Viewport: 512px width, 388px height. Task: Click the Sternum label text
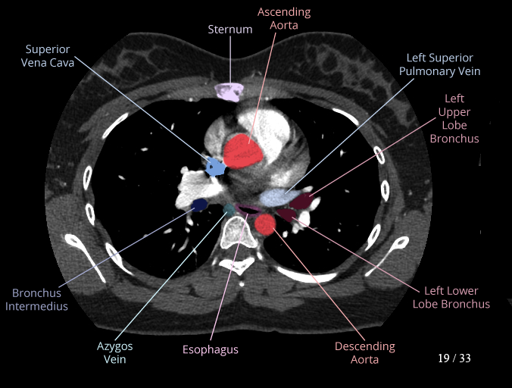(230, 29)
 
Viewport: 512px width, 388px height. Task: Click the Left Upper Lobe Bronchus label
(454, 118)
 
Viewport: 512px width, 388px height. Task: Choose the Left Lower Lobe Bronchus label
(451, 297)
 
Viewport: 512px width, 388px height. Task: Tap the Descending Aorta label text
(365, 352)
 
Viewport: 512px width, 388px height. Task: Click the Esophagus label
(211, 349)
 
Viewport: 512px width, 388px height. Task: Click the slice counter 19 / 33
(454, 358)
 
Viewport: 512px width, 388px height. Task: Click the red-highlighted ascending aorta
(244, 151)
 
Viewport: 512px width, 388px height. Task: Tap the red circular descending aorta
(265, 224)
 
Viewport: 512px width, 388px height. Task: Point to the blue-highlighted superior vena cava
(216, 166)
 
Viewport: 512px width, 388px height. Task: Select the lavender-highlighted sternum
(229, 92)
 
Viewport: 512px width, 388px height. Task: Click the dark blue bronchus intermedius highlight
(199, 204)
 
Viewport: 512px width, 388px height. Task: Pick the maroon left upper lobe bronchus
(302, 201)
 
